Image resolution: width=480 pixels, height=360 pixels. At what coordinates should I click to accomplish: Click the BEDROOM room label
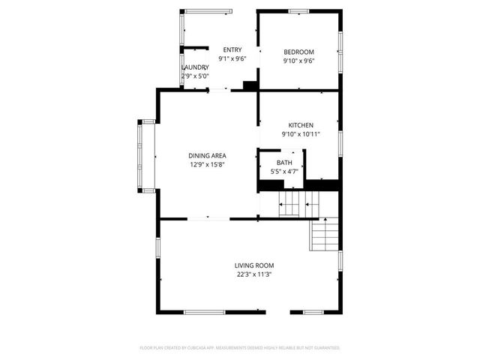point(298,52)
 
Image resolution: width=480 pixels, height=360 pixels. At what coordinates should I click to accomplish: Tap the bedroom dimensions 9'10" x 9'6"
point(298,61)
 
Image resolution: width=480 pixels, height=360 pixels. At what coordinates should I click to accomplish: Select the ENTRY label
point(232,50)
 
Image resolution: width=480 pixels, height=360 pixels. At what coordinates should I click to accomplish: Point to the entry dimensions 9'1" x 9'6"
point(232,58)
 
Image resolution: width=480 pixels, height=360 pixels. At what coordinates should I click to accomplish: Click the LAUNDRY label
point(195,67)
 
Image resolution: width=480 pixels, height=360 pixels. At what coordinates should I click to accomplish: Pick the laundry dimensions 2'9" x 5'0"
point(195,76)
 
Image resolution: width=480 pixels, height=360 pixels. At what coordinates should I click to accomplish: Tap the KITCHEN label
point(301,125)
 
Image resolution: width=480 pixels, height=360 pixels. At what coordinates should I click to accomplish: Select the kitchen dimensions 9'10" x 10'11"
point(301,134)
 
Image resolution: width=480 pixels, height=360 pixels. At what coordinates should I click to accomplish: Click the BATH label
point(284,163)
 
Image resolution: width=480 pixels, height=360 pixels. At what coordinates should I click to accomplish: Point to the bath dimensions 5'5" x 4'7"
point(284,172)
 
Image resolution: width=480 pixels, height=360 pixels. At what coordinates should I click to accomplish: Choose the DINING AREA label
point(207,156)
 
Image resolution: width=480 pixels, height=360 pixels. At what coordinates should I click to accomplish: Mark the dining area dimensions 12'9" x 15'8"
point(207,165)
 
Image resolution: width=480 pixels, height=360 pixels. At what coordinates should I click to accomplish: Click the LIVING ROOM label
point(254,265)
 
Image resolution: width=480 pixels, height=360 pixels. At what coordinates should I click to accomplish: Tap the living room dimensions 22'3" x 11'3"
point(254,274)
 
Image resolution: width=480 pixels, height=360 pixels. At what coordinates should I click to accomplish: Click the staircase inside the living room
point(325,235)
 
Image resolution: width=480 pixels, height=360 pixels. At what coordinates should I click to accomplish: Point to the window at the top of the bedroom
point(298,10)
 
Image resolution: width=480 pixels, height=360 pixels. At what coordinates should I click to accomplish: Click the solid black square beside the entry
point(250,85)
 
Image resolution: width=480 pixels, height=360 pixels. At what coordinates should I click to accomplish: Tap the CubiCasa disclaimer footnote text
point(240,348)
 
